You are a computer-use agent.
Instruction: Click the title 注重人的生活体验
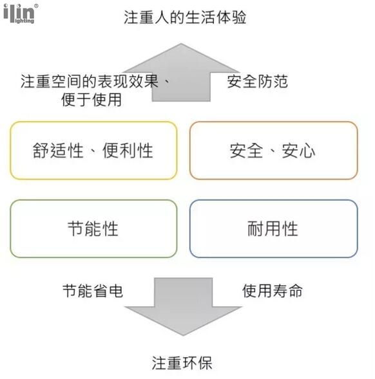click(185, 17)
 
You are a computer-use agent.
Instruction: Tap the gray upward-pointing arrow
click(181, 72)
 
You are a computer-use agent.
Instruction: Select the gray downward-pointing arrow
click(183, 306)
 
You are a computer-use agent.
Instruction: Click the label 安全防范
click(258, 82)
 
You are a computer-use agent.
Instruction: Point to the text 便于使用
click(91, 100)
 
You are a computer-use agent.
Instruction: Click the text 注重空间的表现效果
click(90, 81)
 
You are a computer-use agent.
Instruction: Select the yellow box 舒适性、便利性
click(93, 151)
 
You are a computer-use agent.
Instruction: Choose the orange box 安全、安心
click(274, 151)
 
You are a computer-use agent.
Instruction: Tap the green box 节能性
click(93, 228)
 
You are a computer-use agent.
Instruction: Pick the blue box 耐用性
click(274, 228)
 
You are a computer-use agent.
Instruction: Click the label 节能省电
click(93, 291)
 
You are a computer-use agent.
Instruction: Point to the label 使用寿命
click(273, 291)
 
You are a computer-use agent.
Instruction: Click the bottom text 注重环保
click(182, 363)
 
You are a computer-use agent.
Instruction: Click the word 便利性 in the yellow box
click(128, 151)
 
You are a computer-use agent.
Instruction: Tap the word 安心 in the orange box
click(298, 151)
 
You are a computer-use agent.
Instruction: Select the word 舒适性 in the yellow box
click(58, 151)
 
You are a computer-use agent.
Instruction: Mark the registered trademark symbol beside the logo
click(36, 6)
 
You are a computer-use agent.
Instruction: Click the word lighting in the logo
click(24, 21)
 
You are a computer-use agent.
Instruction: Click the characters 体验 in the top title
click(231, 17)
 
